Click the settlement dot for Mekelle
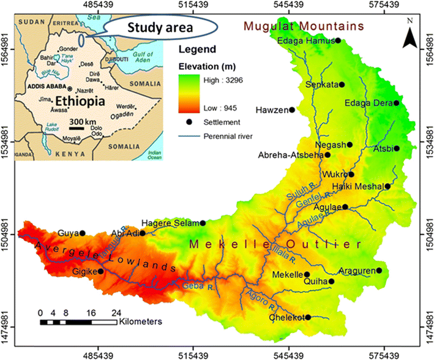(307, 275)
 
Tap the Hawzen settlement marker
(292, 110)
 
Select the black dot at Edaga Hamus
(337, 40)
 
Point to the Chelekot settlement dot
(308, 317)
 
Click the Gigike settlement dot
(100, 271)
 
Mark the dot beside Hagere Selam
(203, 223)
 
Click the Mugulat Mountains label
(303, 26)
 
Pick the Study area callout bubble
(159, 28)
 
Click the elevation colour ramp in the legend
(186, 92)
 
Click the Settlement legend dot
(186, 122)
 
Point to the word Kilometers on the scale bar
(141, 321)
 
